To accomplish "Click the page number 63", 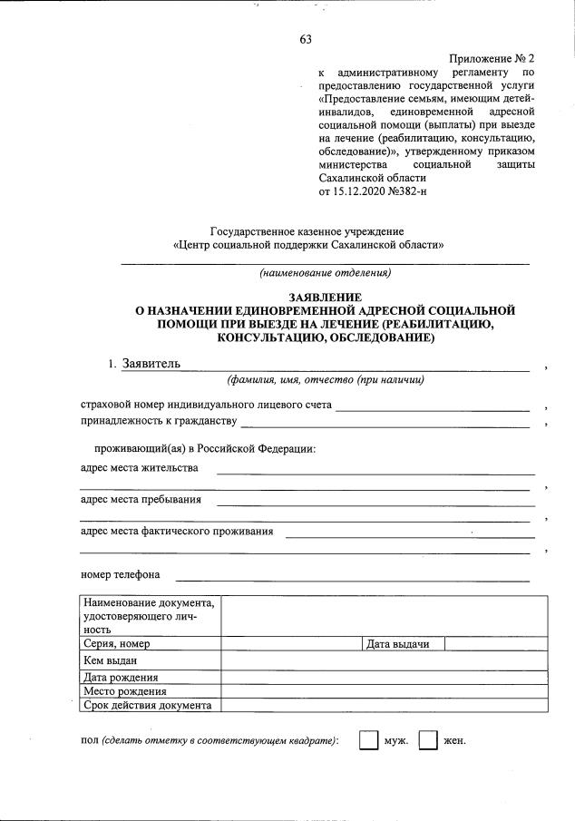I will click(x=305, y=38).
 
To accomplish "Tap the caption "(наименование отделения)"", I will click(x=325, y=272).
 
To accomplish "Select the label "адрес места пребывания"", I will click(x=141, y=499).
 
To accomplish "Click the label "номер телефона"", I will click(x=121, y=574).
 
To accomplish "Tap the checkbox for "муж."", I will click(x=367, y=740).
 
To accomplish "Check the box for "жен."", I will click(x=428, y=740).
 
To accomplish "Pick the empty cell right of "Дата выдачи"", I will click(x=495, y=644).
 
